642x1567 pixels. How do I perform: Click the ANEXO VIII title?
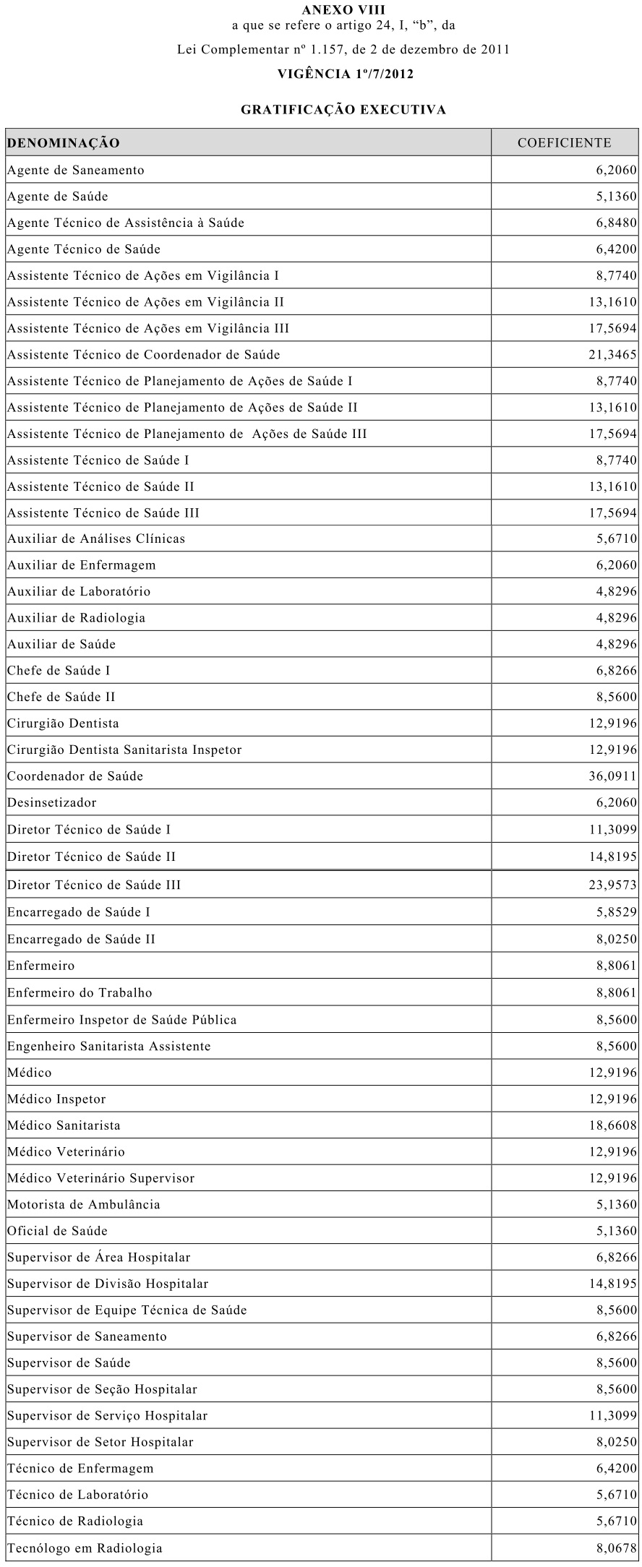click(x=343, y=10)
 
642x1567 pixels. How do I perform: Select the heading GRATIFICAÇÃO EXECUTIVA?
click(x=343, y=110)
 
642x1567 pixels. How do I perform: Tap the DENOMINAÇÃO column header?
click(x=64, y=143)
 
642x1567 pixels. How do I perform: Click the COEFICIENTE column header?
click(x=564, y=143)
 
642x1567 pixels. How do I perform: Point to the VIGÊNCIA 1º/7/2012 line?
click(x=346, y=74)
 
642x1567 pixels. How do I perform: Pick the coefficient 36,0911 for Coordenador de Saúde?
click(x=612, y=776)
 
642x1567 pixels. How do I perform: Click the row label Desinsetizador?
click(x=51, y=802)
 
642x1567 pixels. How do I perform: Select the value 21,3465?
click(x=612, y=354)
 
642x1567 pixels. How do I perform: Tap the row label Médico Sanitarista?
click(x=64, y=1125)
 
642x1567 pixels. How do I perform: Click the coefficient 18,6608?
click(x=612, y=1125)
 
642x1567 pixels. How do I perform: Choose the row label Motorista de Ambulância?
click(x=84, y=1204)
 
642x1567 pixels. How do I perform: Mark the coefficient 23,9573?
click(x=612, y=885)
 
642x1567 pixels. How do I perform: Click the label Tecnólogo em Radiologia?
click(x=85, y=1548)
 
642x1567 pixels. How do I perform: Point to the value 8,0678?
click(x=616, y=1548)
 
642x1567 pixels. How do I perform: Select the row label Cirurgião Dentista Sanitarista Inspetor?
click(x=124, y=750)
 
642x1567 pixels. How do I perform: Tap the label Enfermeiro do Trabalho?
click(x=80, y=992)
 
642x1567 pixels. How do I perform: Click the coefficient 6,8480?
click(x=616, y=223)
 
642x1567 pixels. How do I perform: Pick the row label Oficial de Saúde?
click(x=57, y=1231)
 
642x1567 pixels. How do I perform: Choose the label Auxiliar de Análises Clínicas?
click(x=96, y=538)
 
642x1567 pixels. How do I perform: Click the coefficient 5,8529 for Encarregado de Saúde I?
click(x=616, y=912)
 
